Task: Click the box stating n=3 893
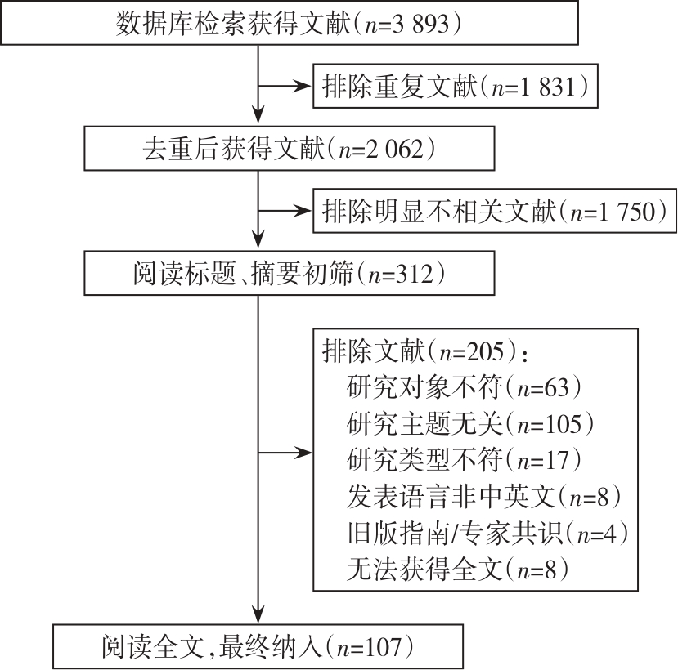pos(290,22)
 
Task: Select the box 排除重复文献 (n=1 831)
pos(456,86)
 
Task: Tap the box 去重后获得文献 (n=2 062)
pos(290,148)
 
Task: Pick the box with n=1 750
pos(495,211)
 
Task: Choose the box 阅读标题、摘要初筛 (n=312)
pos(290,273)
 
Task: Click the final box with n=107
pos(258,646)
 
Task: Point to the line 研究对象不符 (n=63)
pos(464,387)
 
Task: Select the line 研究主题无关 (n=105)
pos(470,423)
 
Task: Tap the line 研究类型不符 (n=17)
pos(464,460)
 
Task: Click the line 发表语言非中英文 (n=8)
pos(484,496)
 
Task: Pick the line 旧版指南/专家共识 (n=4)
pos(487,533)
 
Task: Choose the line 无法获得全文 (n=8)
pos(457,569)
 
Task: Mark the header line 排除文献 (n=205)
pos(426,351)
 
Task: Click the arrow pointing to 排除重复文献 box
pos(285,86)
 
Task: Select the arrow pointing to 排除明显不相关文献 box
pos(285,211)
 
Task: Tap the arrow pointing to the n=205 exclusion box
pos(285,453)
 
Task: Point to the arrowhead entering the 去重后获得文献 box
pos(258,116)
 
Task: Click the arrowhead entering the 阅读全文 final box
pos(258,614)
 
